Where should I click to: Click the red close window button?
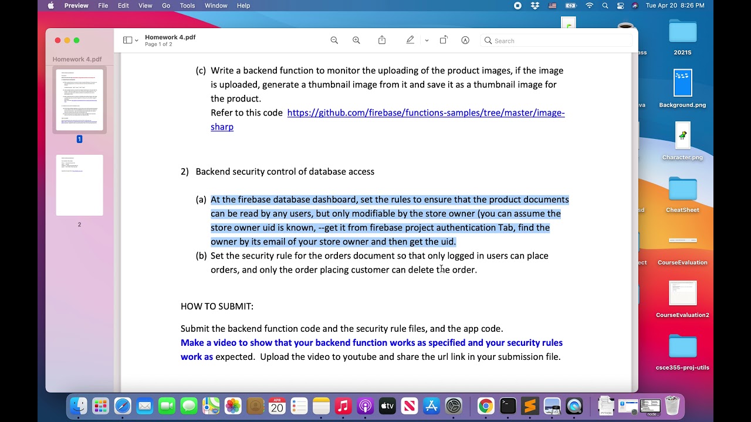(x=57, y=40)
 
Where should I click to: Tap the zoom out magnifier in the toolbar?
(x=334, y=40)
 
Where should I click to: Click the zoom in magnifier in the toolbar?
(x=356, y=40)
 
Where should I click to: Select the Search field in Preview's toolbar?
(x=557, y=40)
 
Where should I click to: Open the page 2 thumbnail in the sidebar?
(x=79, y=185)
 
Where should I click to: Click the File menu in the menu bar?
(x=103, y=6)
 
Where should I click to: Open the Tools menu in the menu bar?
(x=187, y=6)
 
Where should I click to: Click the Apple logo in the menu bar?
(x=50, y=6)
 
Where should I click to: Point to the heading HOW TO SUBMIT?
(x=217, y=307)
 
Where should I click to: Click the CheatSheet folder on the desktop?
(x=682, y=190)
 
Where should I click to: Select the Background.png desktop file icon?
(x=682, y=83)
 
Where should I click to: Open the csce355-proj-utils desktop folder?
(x=682, y=347)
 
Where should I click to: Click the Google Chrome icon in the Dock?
(x=485, y=406)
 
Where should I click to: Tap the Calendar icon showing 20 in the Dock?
(x=277, y=406)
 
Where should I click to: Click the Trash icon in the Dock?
(x=672, y=406)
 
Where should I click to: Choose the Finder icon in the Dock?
(x=78, y=406)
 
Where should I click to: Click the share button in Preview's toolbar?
(x=382, y=40)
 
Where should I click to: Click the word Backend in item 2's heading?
(x=212, y=172)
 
